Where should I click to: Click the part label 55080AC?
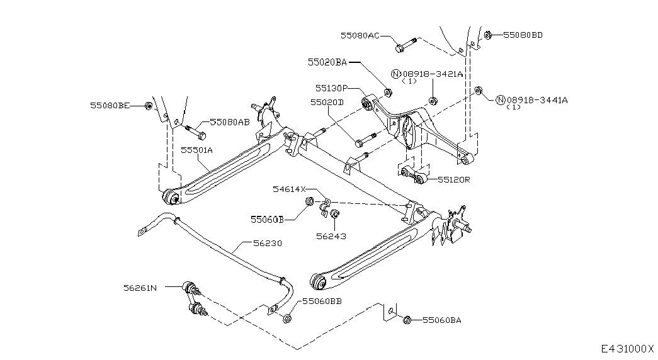[x=360, y=36]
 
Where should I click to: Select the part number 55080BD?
[x=523, y=35]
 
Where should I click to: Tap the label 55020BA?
[x=327, y=62]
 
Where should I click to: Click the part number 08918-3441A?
[x=537, y=100]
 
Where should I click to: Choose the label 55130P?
[x=331, y=88]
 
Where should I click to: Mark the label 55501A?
[x=197, y=150]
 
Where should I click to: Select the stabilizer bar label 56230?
[x=268, y=243]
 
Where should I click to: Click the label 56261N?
[x=140, y=288]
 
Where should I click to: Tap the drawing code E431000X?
[x=627, y=349]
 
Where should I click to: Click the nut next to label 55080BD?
[x=487, y=35]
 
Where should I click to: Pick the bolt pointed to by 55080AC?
[x=406, y=45]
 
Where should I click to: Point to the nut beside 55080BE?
[x=148, y=106]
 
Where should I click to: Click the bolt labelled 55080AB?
[x=195, y=131]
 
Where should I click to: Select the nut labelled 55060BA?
[x=407, y=320]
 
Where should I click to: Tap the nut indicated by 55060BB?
[x=288, y=318]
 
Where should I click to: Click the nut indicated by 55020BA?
[x=388, y=92]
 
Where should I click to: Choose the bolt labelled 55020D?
[x=365, y=140]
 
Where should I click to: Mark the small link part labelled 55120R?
[x=414, y=176]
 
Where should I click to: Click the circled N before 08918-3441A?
[x=500, y=100]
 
